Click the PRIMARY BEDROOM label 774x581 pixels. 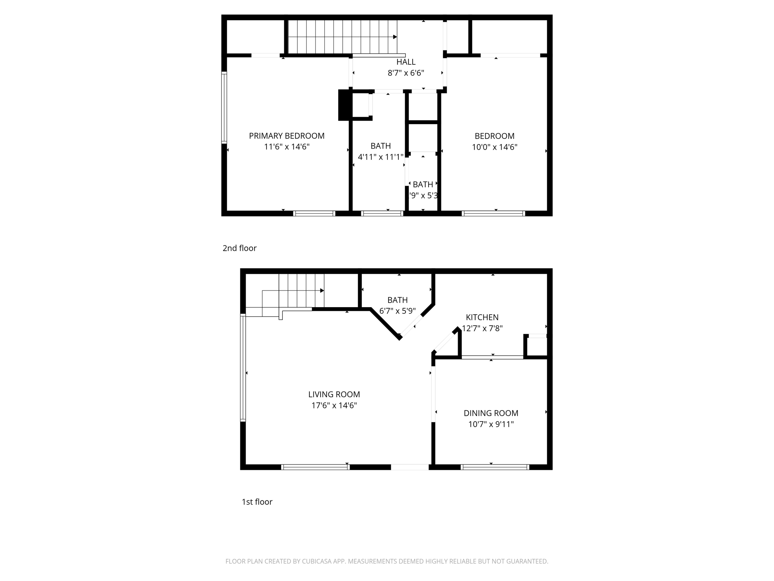286,136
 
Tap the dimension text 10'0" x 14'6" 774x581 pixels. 494,147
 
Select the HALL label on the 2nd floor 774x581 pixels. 406,62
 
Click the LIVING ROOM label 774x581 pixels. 334,395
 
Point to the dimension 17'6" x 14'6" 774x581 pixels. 334,405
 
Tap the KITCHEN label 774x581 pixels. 482,317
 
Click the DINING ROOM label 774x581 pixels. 491,413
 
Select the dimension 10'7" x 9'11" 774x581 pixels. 491,424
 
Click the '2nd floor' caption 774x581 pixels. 239,248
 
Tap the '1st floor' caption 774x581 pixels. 257,502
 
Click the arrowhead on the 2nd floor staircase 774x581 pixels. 395,37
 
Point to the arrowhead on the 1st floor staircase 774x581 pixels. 322,290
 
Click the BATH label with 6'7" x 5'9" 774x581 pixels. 397,300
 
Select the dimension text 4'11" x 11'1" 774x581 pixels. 381,157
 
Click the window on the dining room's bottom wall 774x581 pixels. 495,467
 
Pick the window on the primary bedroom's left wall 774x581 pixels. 224,107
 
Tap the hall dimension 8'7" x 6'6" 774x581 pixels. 406,73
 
